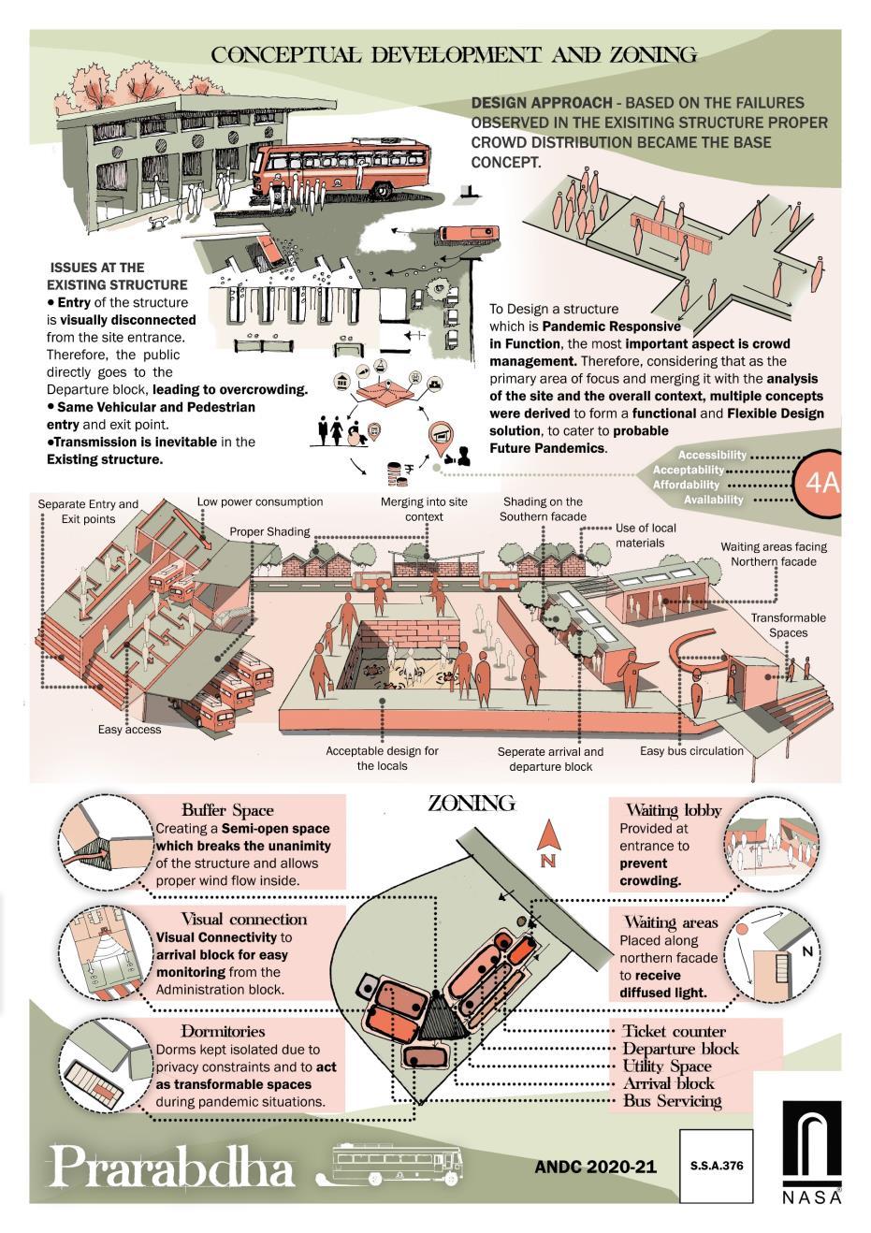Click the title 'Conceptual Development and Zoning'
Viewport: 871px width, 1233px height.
[x=454, y=55]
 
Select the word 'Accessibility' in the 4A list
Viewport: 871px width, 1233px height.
[x=713, y=455]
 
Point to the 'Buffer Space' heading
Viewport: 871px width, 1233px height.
[x=227, y=810]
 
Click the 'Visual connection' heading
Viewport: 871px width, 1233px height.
[x=243, y=919]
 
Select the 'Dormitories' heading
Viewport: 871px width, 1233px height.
[x=223, y=1031]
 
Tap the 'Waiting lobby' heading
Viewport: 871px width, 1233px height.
[x=674, y=810]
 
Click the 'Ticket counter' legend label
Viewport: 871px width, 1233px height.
[x=675, y=1031]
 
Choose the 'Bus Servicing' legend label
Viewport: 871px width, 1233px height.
[x=673, y=1101]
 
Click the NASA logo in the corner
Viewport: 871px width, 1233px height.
[x=811, y=1152]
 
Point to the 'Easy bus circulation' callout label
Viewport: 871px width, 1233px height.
[x=691, y=750]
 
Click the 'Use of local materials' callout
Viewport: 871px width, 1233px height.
[x=646, y=535]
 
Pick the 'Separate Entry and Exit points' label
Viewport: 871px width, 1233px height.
[x=88, y=511]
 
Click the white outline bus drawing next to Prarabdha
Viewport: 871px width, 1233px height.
[x=400, y=1167]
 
